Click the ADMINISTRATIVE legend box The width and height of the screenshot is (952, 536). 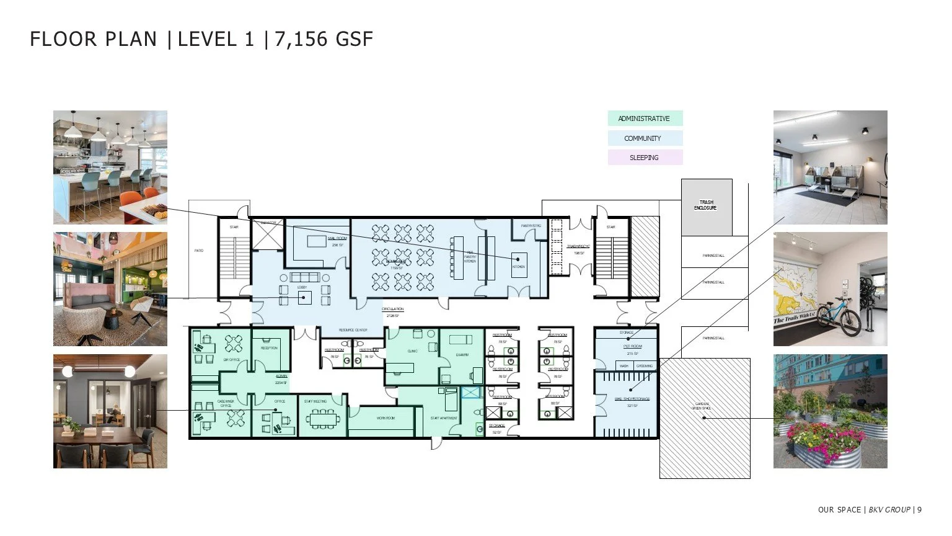pyautogui.click(x=645, y=118)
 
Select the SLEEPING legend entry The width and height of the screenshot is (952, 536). pyautogui.click(x=645, y=158)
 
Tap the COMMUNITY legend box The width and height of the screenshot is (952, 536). pyautogui.click(x=645, y=138)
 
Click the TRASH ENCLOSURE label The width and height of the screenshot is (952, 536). pyautogui.click(x=706, y=205)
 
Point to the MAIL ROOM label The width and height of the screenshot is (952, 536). pyautogui.click(x=337, y=238)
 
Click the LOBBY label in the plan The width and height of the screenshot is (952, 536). pyautogui.click(x=302, y=287)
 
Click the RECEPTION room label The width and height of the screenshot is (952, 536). pyautogui.click(x=269, y=348)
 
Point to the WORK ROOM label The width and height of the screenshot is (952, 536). pyautogui.click(x=386, y=418)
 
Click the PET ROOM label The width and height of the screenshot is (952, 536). pyautogui.click(x=632, y=346)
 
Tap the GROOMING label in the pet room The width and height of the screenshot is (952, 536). pyautogui.click(x=645, y=366)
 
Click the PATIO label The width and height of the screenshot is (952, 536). pyautogui.click(x=198, y=251)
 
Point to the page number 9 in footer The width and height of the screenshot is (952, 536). pyautogui.click(x=919, y=510)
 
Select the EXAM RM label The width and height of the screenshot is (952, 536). pyautogui.click(x=462, y=355)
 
